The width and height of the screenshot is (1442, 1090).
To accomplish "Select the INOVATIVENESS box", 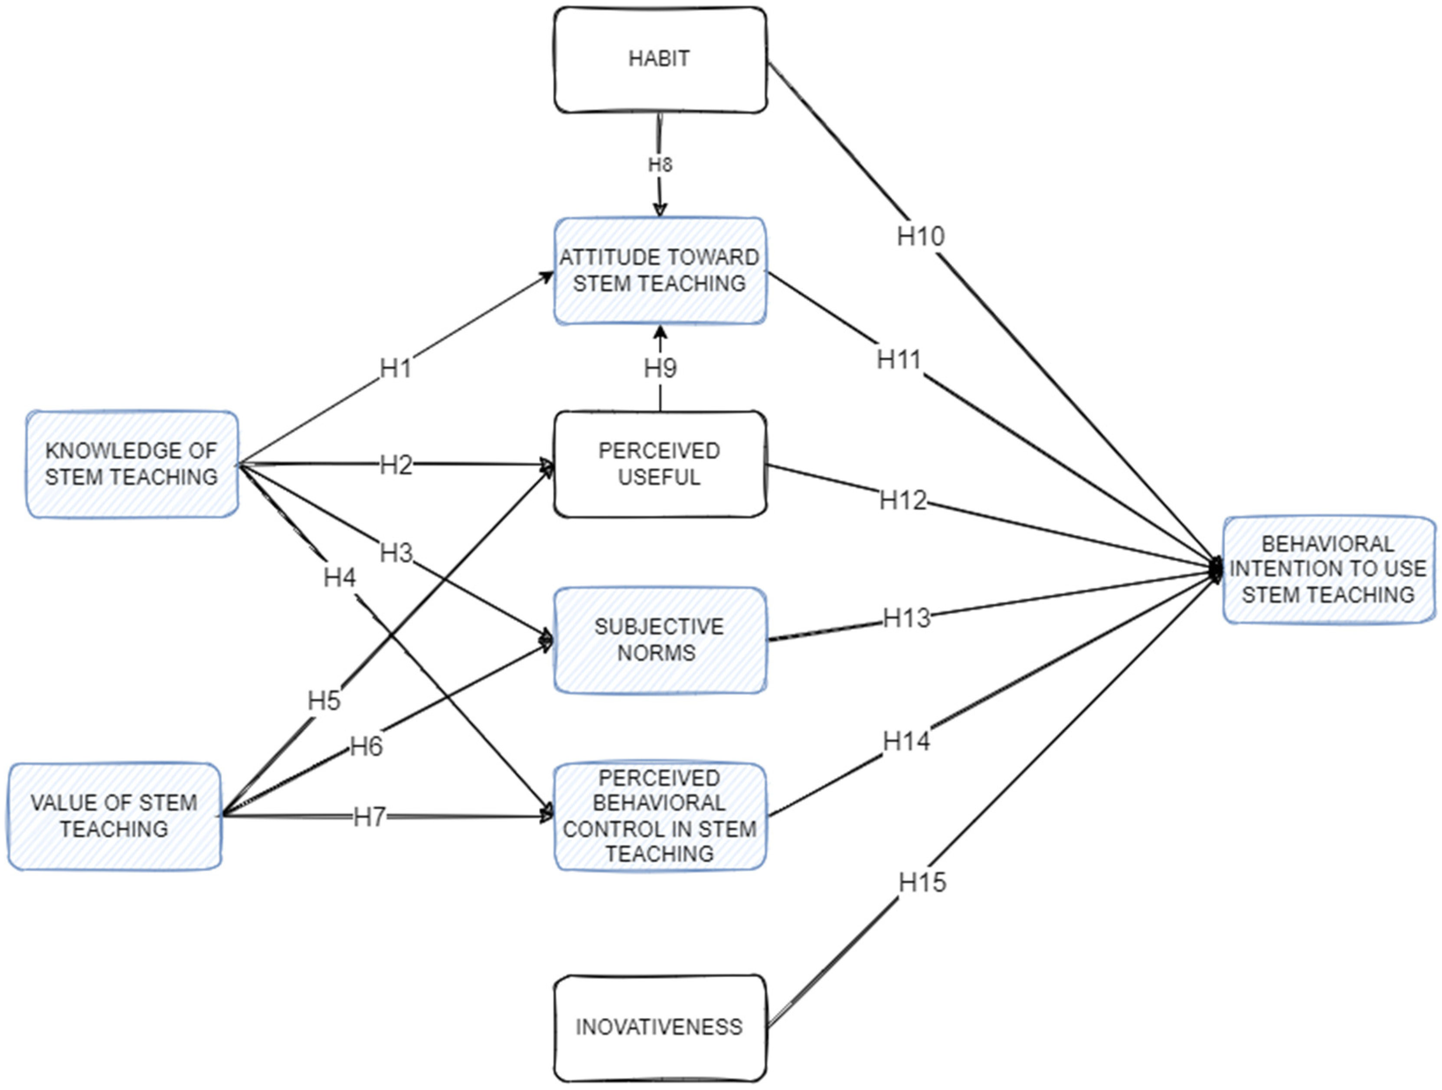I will (660, 1028).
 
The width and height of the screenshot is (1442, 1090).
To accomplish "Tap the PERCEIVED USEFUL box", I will (660, 464).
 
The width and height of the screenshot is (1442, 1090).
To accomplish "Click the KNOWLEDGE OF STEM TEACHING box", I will (132, 464).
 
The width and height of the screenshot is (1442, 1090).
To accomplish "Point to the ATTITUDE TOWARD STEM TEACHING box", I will (660, 271).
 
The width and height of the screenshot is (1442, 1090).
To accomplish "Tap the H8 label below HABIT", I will (660, 165).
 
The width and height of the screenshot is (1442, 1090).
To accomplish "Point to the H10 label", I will (920, 236).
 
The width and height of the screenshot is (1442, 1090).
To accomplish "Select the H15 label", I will (922, 883).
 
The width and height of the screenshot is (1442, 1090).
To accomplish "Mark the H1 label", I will (396, 369).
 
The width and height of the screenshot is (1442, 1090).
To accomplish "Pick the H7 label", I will (369, 817).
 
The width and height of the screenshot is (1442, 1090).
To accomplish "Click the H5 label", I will (324, 701).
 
